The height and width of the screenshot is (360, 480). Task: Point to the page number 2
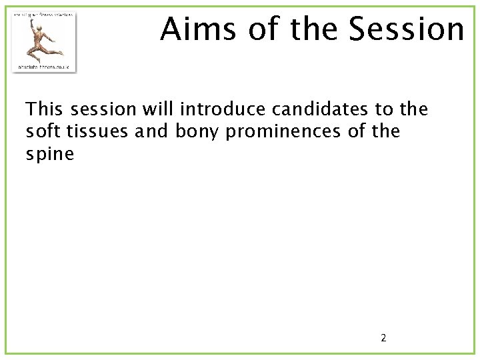tap(383, 338)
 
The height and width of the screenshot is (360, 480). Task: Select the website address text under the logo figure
tap(44, 67)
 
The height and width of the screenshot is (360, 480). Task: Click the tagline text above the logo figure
tap(44, 15)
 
